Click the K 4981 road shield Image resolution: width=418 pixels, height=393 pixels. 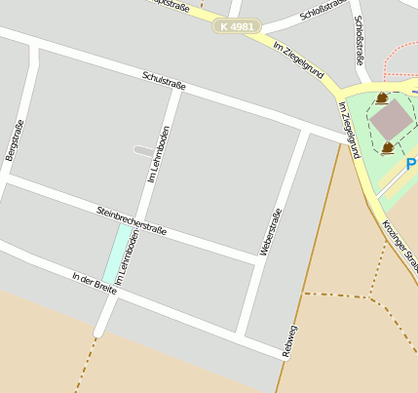237,26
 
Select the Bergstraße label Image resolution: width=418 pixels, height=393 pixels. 14,140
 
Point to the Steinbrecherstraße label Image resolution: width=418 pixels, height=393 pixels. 132,220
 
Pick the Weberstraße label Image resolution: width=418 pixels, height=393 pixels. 270,232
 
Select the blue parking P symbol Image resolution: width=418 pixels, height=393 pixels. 411,165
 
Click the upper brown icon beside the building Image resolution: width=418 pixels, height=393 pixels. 382,98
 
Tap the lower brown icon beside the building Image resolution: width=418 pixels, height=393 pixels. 388,147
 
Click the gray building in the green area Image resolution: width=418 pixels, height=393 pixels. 392,120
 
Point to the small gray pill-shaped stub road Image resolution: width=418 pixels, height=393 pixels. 143,150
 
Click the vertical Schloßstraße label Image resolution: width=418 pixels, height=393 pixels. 360,38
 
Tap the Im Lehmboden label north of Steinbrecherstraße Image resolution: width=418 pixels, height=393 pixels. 158,155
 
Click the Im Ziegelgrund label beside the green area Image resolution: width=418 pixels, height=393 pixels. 349,130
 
